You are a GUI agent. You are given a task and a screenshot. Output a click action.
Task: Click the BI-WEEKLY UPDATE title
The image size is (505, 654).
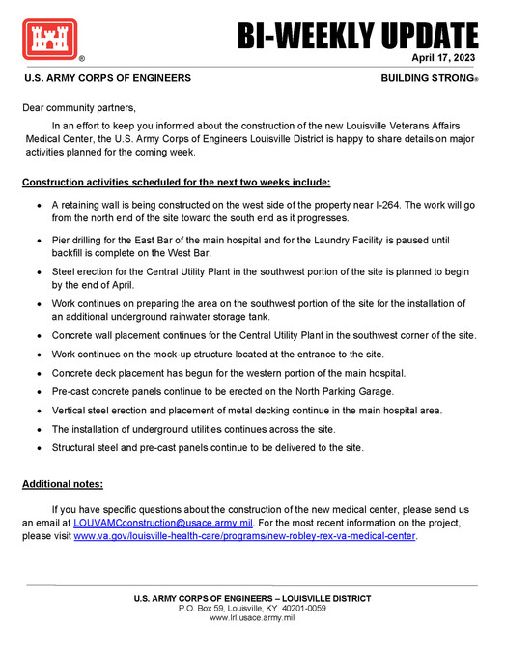pyautogui.click(x=357, y=36)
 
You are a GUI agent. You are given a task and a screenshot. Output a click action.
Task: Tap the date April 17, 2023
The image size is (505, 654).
pyautogui.click(x=444, y=58)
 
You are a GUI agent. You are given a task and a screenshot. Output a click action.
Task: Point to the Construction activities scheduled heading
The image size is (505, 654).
pyautogui.click(x=176, y=182)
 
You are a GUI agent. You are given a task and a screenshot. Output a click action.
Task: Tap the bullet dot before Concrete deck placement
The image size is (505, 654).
pyautogui.click(x=37, y=373)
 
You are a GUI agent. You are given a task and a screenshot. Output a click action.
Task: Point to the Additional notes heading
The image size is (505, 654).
pyautogui.click(x=63, y=483)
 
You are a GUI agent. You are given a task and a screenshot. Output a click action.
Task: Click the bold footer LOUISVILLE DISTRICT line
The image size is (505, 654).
pyautogui.click(x=252, y=598)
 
